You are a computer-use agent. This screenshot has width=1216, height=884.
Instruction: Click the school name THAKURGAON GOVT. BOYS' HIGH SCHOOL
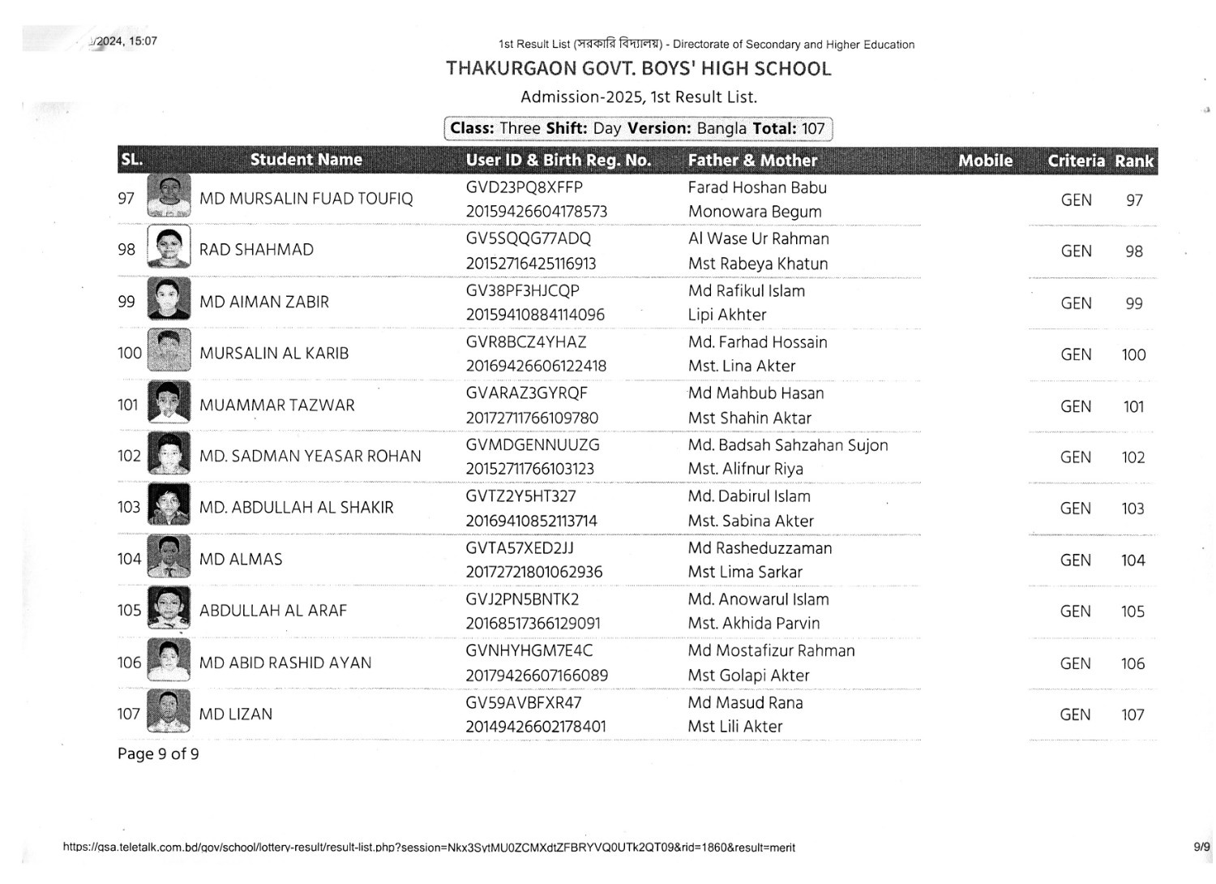[x=638, y=69]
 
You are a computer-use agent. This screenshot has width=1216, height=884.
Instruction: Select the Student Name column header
[x=306, y=160]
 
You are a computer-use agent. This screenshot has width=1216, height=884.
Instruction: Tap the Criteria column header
[x=1076, y=161]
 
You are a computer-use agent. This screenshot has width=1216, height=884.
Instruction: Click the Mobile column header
[x=985, y=161]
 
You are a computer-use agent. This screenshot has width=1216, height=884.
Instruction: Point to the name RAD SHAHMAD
[x=256, y=250]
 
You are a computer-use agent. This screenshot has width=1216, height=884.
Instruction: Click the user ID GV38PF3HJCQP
[x=522, y=290]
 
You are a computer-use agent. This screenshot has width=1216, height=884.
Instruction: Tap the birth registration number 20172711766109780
[x=532, y=418]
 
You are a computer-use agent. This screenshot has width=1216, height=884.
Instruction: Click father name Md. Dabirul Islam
[x=748, y=496]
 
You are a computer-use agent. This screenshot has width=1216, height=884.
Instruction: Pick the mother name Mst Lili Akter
[x=734, y=727]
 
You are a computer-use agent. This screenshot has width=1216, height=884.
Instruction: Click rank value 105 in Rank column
[x=1133, y=612]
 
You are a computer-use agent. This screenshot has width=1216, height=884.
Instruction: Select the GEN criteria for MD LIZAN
[x=1075, y=714]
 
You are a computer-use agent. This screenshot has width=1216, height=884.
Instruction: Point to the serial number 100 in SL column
[x=129, y=353]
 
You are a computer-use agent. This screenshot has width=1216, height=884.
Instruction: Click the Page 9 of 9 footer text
[x=158, y=754]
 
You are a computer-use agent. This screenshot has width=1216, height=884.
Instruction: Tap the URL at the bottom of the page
[x=428, y=848]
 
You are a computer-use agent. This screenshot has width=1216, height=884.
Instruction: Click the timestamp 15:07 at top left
[x=143, y=41]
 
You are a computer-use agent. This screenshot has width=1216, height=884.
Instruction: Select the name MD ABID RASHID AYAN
[x=285, y=663]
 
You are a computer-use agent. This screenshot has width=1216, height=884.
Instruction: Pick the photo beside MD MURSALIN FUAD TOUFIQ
[x=169, y=196]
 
